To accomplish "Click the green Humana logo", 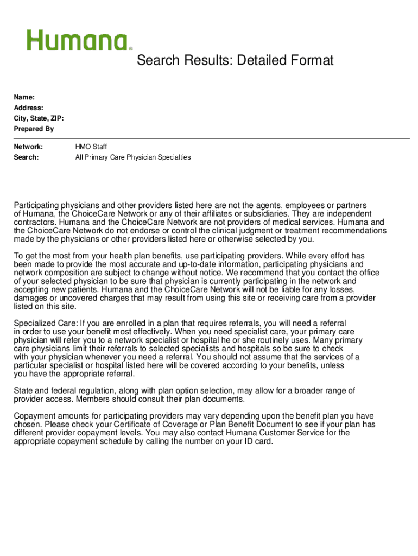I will coord(79,41).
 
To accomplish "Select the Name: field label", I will coord(24,97).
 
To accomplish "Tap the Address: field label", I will coord(29,108).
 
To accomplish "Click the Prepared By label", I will coord(34,129).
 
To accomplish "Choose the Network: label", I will coord(28,147).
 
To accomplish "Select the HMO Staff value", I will coord(91,147).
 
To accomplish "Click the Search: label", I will coord(27,157).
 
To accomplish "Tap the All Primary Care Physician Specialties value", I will coord(133,157).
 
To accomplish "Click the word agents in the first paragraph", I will coord(268,206).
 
